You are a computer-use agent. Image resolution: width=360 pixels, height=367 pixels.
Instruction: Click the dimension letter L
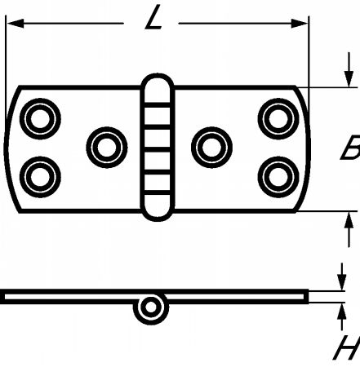pyautogui.click(x=154, y=18)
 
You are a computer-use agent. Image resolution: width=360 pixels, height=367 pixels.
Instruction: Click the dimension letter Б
pyautogui.click(x=350, y=147)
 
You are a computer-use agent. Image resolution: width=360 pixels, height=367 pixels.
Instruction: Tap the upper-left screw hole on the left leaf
pyautogui.click(x=40, y=119)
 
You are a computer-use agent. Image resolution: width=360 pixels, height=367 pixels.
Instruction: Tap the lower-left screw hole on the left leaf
pyautogui.click(x=40, y=177)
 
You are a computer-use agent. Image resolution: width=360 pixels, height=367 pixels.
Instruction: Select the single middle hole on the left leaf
pyautogui.click(x=107, y=147)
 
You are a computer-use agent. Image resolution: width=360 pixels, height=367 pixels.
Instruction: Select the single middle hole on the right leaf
pyautogui.click(x=211, y=147)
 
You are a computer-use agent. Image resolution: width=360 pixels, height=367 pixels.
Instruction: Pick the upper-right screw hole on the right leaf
pyautogui.click(x=278, y=119)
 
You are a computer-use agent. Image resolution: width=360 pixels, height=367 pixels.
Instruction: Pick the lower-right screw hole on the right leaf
pyautogui.click(x=278, y=177)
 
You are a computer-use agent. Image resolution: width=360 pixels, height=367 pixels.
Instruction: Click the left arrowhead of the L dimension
pyautogui.click(x=15, y=24)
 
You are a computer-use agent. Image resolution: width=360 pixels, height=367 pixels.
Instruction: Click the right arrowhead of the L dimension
pyautogui.click(x=300, y=24)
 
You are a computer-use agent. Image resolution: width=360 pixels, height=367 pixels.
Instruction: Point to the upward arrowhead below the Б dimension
pyautogui.click(x=349, y=219)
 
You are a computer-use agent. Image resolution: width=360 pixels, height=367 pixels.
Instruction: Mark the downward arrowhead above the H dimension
pyautogui.click(x=342, y=283)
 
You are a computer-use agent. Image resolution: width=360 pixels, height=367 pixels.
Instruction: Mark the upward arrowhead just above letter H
pyautogui.click(x=342, y=311)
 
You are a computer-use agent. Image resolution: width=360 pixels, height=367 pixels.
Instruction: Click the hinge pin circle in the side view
pyautogui.click(x=151, y=307)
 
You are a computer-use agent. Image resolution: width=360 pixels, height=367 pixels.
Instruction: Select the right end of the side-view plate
pyautogui.click(x=306, y=296)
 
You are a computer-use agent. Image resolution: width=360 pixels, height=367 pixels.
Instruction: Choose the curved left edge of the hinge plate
pyautogui.click(x=6, y=148)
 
